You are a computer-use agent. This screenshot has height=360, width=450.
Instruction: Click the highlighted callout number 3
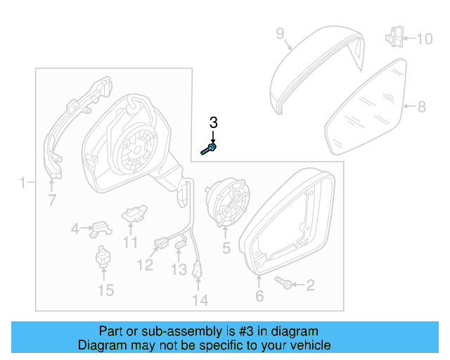click(214, 122)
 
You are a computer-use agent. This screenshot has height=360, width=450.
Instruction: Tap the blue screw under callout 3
click(209, 149)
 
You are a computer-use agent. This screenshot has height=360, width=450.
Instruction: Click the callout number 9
click(279, 33)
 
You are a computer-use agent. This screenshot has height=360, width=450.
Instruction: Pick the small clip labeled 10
click(394, 36)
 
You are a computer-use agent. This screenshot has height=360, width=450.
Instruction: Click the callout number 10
click(425, 39)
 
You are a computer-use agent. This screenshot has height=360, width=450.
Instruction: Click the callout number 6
click(259, 297)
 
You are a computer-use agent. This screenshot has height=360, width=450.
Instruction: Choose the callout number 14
click(200, 300)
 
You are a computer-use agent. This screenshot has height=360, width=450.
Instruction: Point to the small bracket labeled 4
click(103, 229)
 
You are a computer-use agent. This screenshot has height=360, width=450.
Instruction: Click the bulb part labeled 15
click(103, 259)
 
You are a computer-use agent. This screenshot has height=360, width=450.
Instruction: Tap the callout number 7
click(51, 201)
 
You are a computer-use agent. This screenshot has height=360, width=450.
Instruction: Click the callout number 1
click(23, 184)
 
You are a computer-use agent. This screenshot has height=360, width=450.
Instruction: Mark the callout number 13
click(179, 269)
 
